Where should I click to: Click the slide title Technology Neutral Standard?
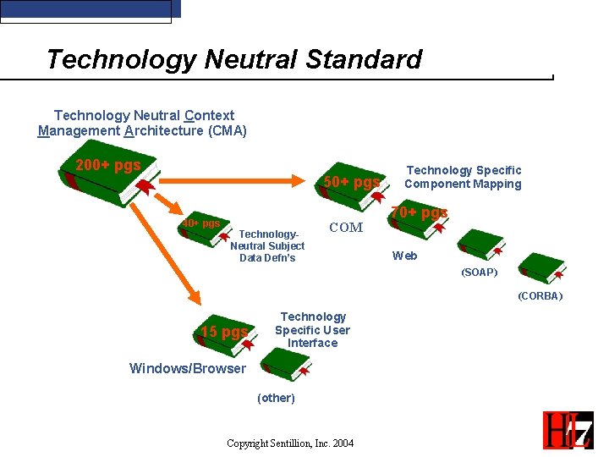[233, 59]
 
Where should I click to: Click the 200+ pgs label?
[108, 165]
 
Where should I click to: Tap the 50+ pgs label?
[352, 183]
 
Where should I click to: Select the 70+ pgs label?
[419, 212]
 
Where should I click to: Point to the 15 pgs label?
[224, 332]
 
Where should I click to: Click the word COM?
[346, 227]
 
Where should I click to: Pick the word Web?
[404, 256]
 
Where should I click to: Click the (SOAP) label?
[479, 273]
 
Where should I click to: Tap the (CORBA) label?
[540, 296]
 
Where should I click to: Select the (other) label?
[276, 398]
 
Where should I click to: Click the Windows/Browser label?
[188, 368]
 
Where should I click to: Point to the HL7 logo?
[568, 429]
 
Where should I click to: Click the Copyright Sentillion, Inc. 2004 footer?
[290, 443]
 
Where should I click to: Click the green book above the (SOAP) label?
[481, 246]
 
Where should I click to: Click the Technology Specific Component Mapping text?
[463, 177]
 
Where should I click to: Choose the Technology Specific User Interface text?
[312, 329]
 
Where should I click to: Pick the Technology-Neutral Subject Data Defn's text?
[267, 246]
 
